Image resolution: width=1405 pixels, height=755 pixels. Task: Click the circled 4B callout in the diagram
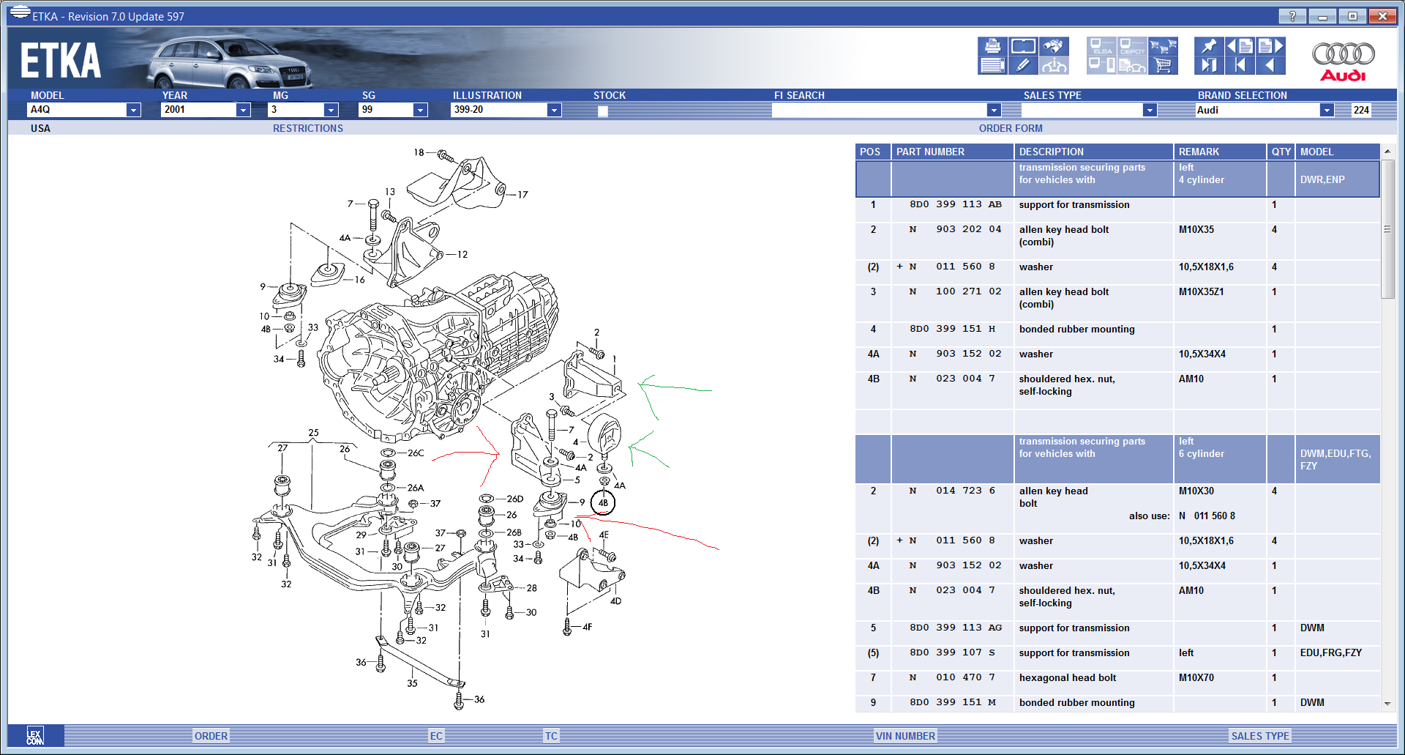(x=603, y=503)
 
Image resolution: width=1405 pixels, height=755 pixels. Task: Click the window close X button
(x=1382, y=16)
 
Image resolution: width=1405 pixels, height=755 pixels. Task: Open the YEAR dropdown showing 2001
(x=243, y=110)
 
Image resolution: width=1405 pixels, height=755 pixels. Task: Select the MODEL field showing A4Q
(x=76, y=110)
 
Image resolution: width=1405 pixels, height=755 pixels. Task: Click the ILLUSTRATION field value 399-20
(x=498, y=110)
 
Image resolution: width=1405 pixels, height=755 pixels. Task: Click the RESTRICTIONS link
(x=307, y=128)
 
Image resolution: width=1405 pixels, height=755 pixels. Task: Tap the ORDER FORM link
(x=1010, y=128)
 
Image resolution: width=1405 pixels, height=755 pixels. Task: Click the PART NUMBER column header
(x=930, y=152)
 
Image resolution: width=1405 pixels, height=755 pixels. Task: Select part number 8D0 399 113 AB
(x=955, y=205)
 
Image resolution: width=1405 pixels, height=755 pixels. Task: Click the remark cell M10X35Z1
(x=1201, y=291)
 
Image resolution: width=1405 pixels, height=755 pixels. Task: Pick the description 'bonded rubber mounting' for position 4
(x=1076, y=330)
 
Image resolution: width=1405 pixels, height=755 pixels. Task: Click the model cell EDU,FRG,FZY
(x=1330, y=652)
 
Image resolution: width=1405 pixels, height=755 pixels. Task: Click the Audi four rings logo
(x=1343, y=53)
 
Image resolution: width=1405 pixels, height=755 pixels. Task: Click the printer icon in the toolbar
(x=992, y=46)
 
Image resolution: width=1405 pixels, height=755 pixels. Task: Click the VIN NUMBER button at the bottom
(x=905, y=736)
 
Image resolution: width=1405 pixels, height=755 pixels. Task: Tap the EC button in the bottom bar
(x=436, y=736)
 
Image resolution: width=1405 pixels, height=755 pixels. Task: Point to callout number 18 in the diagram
(x=419, y=152)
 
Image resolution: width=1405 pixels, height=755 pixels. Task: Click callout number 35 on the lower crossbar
(x=412, y=683)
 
